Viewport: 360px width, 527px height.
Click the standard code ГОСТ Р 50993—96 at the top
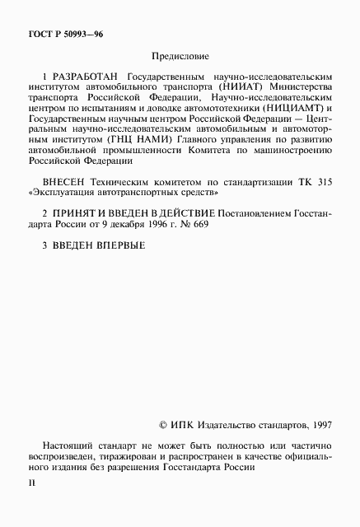pos(63,34)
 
